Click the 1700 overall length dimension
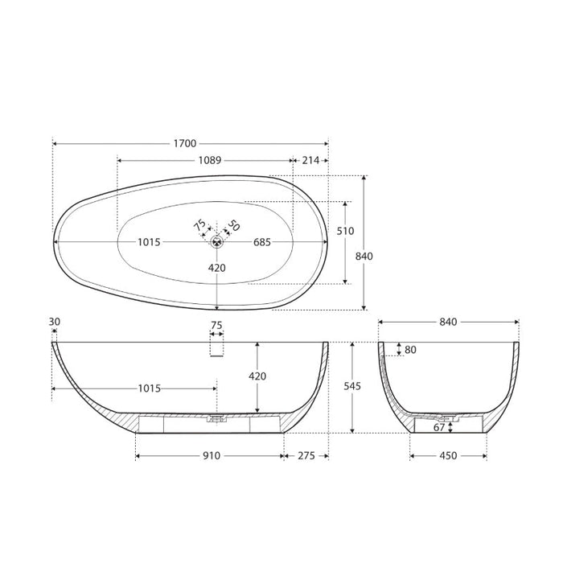pos(184,144)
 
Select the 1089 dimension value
pos(209,160)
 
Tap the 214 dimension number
pos(310,160)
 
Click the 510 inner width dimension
pos(345,231)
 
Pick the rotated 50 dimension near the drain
pos(233,226)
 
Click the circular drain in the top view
pos(217,241)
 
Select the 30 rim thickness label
pos(54,322)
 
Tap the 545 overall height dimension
pos(352,387)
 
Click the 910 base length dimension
pos(211,456)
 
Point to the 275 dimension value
pos(306,456)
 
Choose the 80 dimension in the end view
pos(412,350)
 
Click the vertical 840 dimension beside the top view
pos(364,256)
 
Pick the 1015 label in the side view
pos(148,388)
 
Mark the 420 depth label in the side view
pos(257,376)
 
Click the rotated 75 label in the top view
pos(199,227)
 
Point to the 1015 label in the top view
pos(149,242)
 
